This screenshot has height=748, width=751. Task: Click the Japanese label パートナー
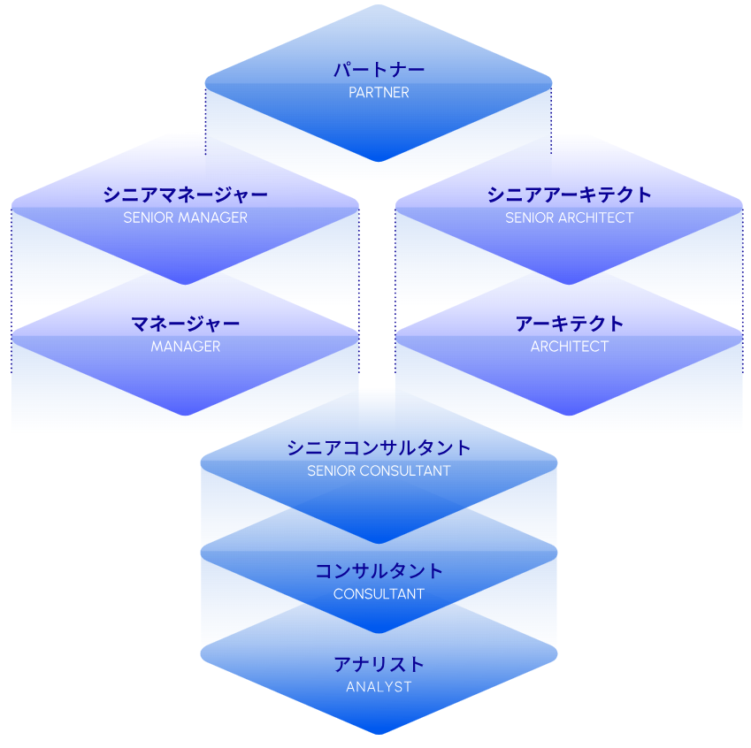coord(379,70)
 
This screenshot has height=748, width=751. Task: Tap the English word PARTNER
coord(379,93)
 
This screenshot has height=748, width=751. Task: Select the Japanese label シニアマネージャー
coord(185,195)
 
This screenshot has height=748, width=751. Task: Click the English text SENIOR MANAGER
coord(185,218)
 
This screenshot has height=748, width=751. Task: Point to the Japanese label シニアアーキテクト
coord(569,195)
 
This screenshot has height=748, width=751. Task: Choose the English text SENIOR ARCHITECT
coord(569,218)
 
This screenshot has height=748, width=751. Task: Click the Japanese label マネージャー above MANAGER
coord(185,324)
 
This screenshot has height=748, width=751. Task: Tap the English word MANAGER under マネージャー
coord(185,347)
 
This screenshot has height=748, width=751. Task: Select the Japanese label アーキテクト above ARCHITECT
coord(569,324)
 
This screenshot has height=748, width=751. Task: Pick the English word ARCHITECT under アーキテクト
coord(569,347)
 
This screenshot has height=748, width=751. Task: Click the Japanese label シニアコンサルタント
coord(379,447)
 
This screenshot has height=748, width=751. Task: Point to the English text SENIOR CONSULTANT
coord(379,471)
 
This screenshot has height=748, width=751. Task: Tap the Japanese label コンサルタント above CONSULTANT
coord(379,571)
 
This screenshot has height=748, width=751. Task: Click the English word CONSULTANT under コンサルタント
coord(379,594)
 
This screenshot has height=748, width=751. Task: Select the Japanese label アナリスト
coord(379,664)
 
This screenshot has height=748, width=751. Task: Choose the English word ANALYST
coord(379,687)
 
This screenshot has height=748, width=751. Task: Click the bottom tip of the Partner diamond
coord(379,161)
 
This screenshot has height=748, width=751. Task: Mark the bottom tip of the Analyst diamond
coord(379,733)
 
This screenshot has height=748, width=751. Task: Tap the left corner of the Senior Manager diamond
coord(12,208)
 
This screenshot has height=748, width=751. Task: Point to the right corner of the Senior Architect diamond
coord(741,208)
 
